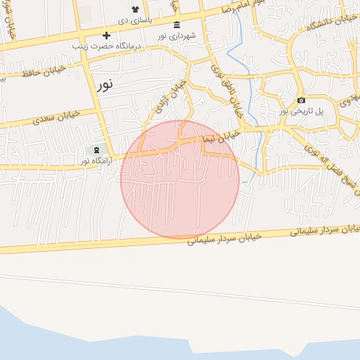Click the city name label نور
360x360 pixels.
tap(105, 85)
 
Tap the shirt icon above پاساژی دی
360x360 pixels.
tap(135, 8)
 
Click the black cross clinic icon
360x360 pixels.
tap(106, 35)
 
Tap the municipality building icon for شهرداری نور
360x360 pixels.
tap(176, 24)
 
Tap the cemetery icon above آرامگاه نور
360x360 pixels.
tap(96, 150)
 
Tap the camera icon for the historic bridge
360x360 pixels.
tap(301, 100)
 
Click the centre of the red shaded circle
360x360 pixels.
tap(180, 179)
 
